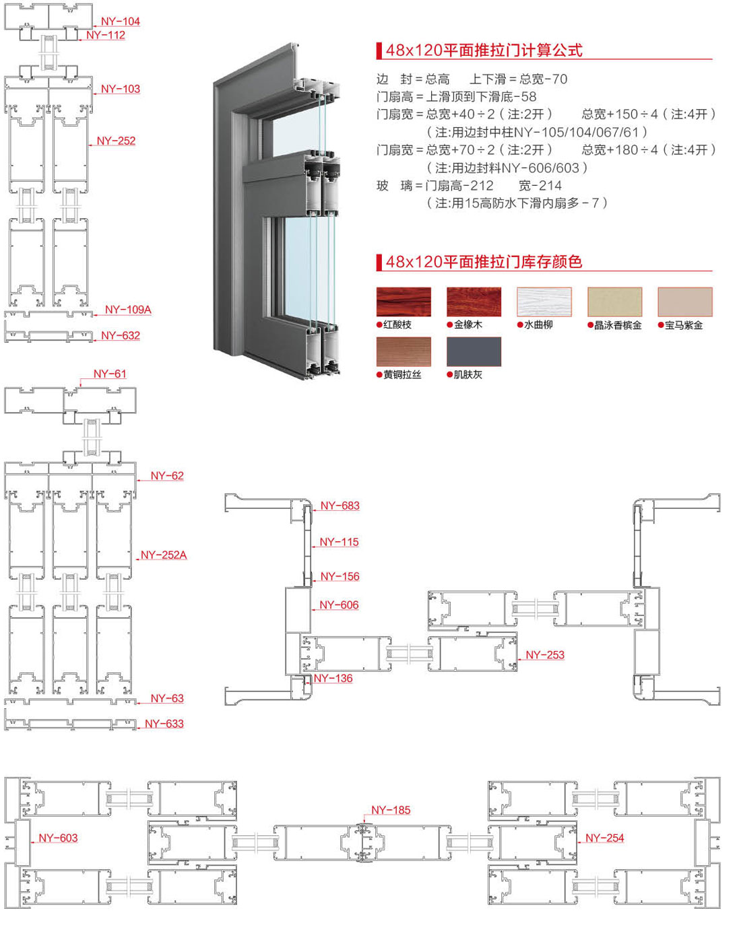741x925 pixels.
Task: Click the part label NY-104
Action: (x=121, y=22)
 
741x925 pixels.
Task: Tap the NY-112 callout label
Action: (x=106, y=35)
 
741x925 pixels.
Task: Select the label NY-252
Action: (x=116, y=141)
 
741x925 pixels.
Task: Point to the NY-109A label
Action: (x=128, y=310)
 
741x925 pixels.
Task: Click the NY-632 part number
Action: (x=121, y=335)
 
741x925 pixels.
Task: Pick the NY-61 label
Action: (x=110, y=374)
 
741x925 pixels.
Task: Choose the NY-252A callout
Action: (x=164, y=555)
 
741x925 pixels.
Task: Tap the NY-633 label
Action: (x=164, y=724)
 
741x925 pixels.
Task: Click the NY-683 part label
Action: (x=340, y=506)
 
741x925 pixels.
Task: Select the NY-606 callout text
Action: (x=339, y=605)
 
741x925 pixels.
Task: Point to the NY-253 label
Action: (x=545, y=654)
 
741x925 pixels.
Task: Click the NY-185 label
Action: (x=391, y=810)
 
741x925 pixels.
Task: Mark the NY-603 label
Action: (x=58, y=837)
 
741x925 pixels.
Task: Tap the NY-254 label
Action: (x=604, y=837)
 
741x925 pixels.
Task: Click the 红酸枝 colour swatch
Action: (x=404, y=302)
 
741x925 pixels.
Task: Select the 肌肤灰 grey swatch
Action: (x=474, y=352)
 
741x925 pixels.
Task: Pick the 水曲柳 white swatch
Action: (x=544, y=302)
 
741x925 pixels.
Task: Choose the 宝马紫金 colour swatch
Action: (x=684, y=302)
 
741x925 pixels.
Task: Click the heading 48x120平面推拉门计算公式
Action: (x=484, y=50)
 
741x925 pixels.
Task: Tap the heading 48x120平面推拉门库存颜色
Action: (x=484, y=262)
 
